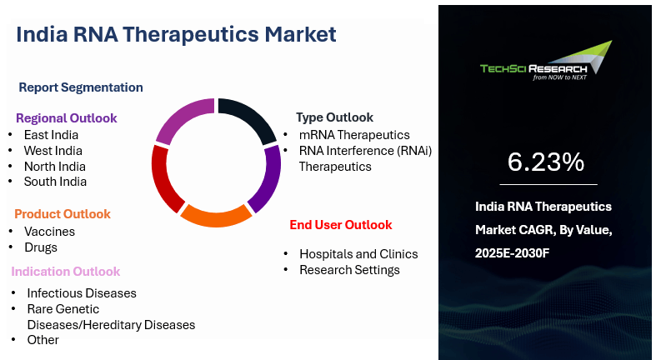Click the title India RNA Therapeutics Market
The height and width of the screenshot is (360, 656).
[x=176, y=34]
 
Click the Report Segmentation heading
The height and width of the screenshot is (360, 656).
[x=81, y=87]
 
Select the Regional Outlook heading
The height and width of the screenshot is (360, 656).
[x=66, y=118]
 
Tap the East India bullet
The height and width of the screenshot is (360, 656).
[x=51, y=134]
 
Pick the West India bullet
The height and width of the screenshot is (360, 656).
[x=53, y=150]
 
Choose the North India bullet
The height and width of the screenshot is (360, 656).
[x=54, y=166]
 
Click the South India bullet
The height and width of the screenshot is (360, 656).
[x=55, y=182]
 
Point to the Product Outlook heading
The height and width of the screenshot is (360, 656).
[x=63, y=214]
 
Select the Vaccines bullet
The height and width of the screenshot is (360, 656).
[x=49, y=232]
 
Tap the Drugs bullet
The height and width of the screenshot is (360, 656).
[x=41, y=247]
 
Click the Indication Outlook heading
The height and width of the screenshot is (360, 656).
[x=66, y=272]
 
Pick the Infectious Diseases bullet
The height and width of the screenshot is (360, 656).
[x=81, y=293]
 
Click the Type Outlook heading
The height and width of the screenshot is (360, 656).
[x=334, y=117]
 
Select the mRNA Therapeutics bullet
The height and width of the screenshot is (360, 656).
[x=354, y=135]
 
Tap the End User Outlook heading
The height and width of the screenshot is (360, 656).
[x=340, y=225]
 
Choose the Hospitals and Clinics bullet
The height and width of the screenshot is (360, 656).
[x=358, y=254]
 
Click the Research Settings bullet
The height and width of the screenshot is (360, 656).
[x=349, y=270]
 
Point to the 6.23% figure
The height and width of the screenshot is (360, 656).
[x=546, y=162]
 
